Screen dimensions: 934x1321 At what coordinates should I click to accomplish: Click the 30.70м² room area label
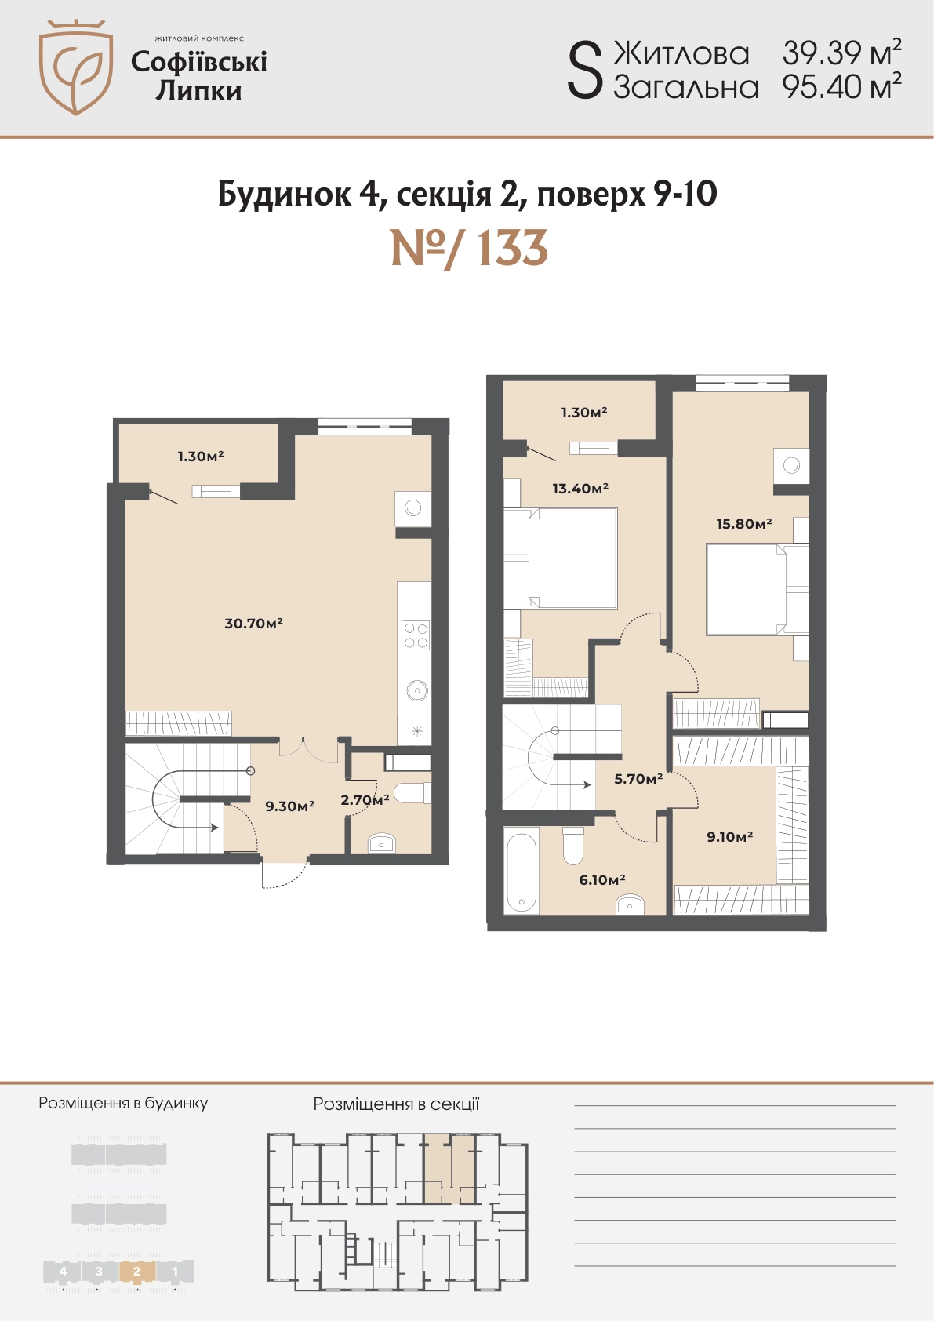click(x=253, y=624)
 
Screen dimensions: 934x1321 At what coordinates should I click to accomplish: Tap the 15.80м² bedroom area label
click(x=744, y=523)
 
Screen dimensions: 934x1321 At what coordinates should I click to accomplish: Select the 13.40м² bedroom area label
click(x=580, y=488)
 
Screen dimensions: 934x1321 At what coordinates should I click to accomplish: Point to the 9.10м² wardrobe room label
click(x=729, y=836)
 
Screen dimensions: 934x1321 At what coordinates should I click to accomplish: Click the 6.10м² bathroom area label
click(x=602, y=880)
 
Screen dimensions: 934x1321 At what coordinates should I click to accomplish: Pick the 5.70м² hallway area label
click(x=638, y=779)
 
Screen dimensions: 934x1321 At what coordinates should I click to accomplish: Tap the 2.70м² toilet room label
click(x=365, y=800)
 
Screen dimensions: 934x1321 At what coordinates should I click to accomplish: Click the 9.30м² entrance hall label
click(x=289, y=806)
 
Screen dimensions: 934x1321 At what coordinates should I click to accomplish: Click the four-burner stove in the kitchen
click(x=416, y=635)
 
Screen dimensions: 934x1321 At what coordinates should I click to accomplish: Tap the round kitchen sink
click(x=417, y=690)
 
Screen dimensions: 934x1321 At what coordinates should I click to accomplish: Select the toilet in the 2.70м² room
click(x=412, y=793)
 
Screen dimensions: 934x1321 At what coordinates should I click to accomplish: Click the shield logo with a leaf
click(x=76, y=67)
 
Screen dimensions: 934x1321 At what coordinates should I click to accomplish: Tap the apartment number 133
click(x=470, y=249)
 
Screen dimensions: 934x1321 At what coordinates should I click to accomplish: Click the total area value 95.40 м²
click(x=841, y=87)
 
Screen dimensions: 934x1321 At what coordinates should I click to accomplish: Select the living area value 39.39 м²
click(x=841, y=53)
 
